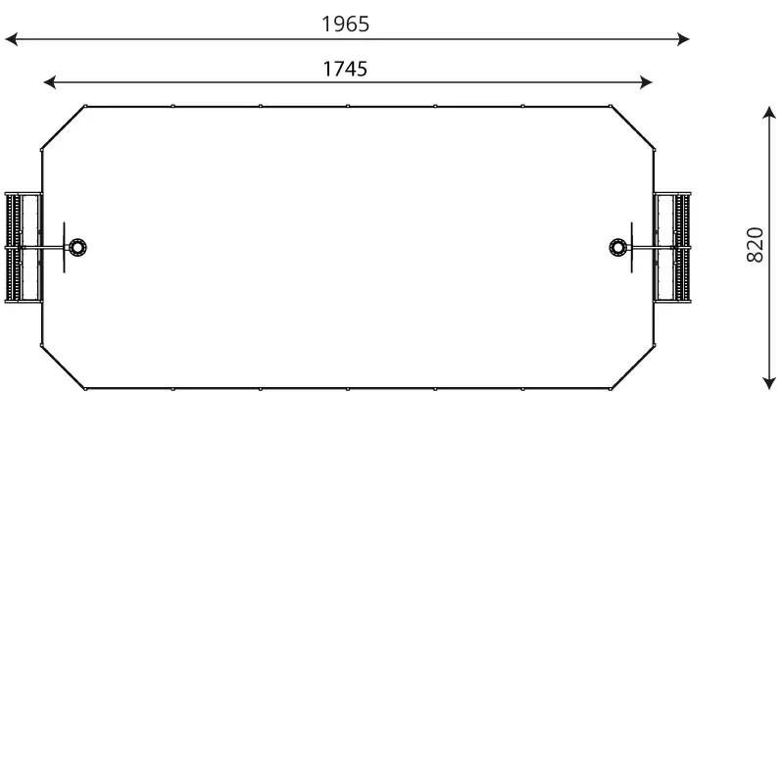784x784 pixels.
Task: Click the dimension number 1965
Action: (345, 24)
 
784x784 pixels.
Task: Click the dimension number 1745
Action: (345, 69)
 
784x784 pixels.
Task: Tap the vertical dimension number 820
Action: (755, 244)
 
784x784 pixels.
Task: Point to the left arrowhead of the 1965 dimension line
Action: (11, 39)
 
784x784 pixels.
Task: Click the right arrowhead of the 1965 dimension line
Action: (683, 39)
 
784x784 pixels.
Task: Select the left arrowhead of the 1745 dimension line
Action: (50, 82)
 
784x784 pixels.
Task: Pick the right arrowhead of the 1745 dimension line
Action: (646, 82)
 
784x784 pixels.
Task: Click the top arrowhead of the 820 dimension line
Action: (769, 112)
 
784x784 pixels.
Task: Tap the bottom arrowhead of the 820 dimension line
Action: (769, 383)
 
